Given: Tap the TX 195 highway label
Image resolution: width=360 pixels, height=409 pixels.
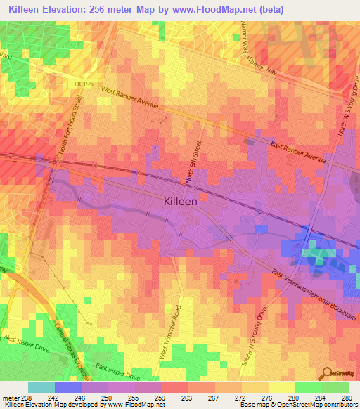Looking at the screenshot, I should [x=83, y=84].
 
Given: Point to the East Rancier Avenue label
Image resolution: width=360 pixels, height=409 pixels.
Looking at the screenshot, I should [x=299, y=152].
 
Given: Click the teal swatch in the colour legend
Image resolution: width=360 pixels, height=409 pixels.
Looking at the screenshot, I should [x=41, y=387].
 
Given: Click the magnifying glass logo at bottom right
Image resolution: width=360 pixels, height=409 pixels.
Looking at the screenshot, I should [x=326, y=374].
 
